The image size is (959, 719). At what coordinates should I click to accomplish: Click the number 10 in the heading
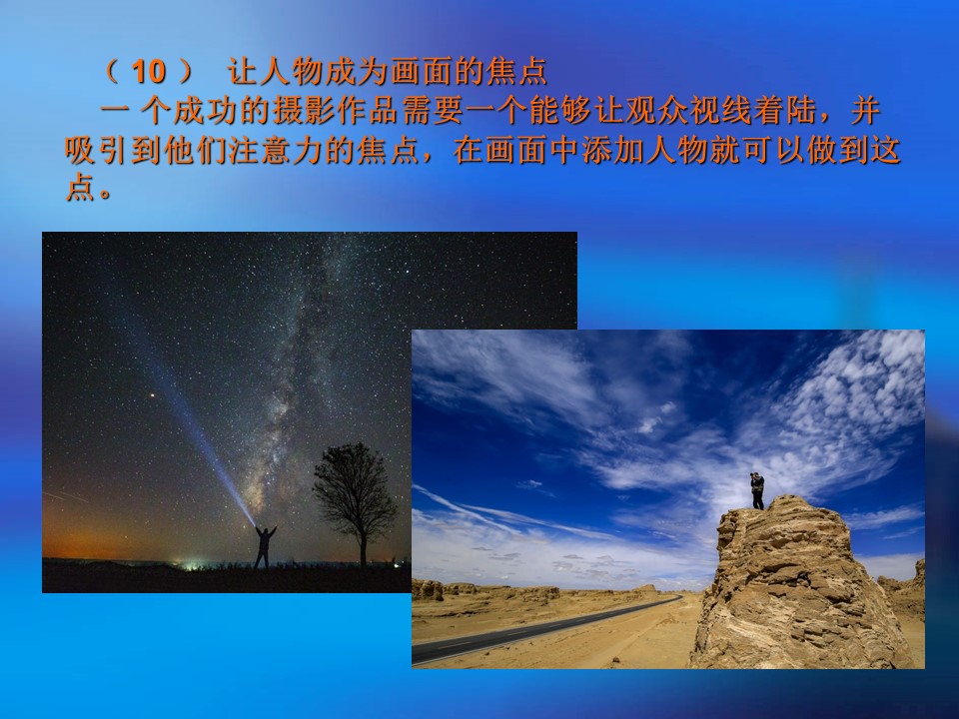click(x=149, y=72)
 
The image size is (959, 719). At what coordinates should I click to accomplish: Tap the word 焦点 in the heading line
click(x=515, y=72)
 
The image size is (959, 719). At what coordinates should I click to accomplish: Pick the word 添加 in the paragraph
click(x=612, y=150)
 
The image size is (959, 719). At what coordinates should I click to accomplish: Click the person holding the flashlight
click(x=264, y=546)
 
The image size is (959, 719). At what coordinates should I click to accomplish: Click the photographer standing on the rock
click(x=758, y=490)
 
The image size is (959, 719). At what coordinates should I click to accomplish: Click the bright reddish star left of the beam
click(x=152, y=395)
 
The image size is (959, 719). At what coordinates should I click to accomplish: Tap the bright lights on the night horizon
click(x=191, y=563)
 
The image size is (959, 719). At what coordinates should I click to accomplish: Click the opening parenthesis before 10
click(x=111, y=72)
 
